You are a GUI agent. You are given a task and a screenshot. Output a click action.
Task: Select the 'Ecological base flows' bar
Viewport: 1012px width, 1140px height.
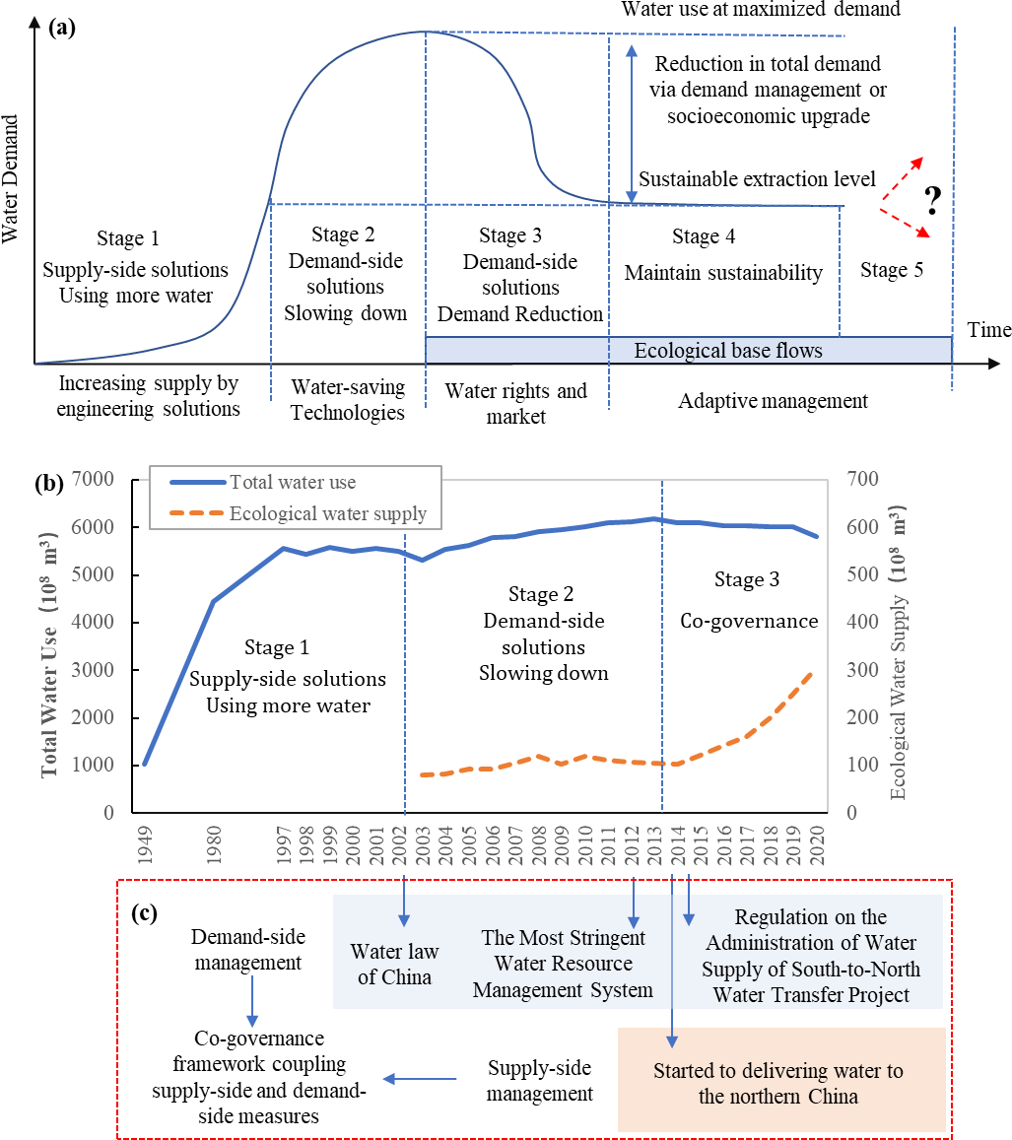[727, 351]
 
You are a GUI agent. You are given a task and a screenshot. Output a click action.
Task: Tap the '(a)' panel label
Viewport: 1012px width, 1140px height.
[62, 27]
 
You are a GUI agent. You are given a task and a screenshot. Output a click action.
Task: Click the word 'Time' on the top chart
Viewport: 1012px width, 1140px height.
[987, 330]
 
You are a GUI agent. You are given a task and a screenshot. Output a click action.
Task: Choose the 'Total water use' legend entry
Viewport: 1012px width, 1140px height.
[292, 483]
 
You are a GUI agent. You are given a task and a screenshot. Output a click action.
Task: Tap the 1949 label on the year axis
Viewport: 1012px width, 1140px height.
[144, 845]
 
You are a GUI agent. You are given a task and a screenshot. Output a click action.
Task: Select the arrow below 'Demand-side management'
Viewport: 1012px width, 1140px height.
[252, 1001]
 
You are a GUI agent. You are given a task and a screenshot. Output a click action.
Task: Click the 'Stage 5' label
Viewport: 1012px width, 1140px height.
[891, 270]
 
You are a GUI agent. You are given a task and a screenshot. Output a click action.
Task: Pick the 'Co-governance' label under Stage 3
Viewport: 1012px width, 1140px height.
[749, 622]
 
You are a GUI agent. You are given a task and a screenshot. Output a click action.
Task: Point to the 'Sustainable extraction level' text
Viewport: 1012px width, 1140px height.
[757, 179]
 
